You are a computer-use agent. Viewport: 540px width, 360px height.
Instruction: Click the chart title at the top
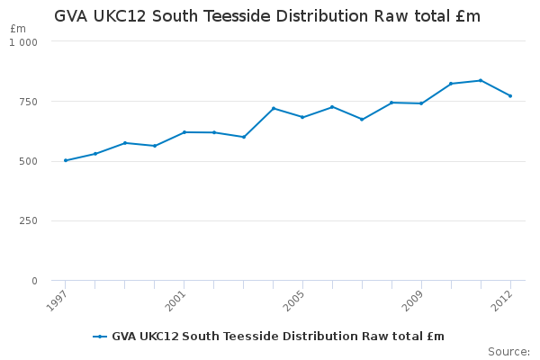click(267, 16)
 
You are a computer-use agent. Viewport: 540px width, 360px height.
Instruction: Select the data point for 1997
click(66, 160)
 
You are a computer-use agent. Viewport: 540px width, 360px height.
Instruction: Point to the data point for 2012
click(510, 95)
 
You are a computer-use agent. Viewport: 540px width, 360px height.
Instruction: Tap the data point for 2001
click(184, 132)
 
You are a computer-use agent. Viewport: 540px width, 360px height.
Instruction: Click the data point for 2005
click(302, 117)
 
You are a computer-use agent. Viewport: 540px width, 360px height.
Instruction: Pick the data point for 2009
click(421, 103)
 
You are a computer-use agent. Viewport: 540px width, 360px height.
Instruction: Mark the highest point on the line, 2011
click(481, 80)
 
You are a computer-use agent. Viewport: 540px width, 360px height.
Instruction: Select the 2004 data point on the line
click(274, 108)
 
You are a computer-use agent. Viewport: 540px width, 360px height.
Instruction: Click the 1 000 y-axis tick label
click(23, 42)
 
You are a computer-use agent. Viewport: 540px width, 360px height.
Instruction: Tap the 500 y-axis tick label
click(28, 162)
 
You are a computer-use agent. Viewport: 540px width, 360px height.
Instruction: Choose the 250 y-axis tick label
click(28, 220)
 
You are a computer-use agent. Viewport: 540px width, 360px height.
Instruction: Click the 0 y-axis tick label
click(34, 281)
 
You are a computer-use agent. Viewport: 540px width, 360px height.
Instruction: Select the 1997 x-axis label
click(56, 301)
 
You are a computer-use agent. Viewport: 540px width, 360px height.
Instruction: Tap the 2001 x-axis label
click(175, 301)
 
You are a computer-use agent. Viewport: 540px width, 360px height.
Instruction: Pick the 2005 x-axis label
click(293, 301)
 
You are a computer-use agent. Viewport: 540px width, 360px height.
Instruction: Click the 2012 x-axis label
click(502, 301)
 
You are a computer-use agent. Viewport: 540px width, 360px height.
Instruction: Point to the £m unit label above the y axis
click(18, 29)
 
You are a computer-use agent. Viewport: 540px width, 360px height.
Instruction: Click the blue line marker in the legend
click(100, 337)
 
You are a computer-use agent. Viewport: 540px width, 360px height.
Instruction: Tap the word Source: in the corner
click(509, 352)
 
